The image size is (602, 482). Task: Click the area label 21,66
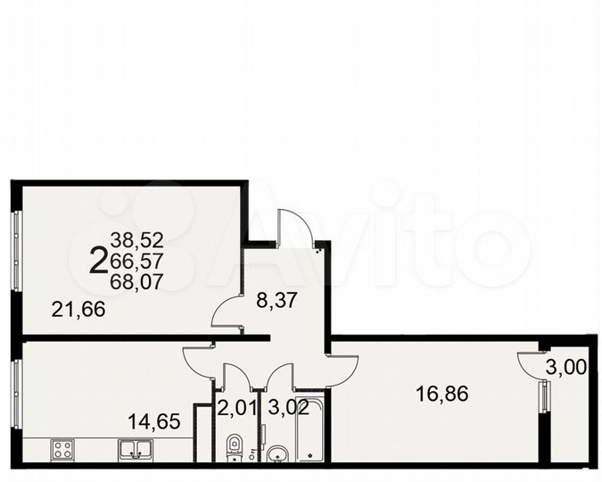point(78,310)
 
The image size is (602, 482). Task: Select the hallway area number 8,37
point(276,302)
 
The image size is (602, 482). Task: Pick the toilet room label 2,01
point(236,410)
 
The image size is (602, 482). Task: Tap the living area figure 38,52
point(137,239)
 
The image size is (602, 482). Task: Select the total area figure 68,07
point(137,280)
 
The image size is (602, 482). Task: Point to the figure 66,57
point(137,260)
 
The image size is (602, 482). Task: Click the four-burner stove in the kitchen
point(63,449)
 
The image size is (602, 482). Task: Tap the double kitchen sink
point(136,449)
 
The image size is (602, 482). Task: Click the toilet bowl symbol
point(234,445)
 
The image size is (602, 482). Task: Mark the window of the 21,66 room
point(15,250)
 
